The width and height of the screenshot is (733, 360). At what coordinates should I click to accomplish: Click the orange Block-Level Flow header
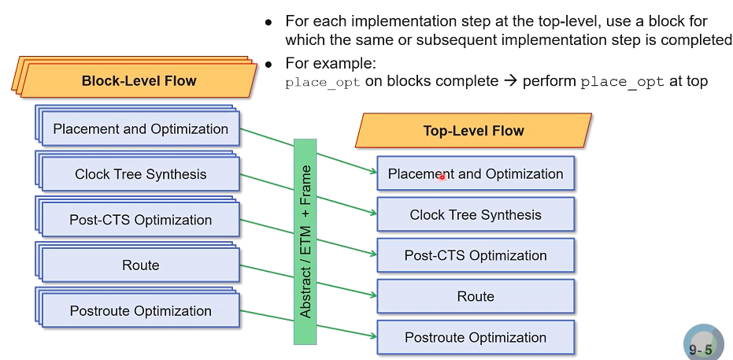click(139, 80)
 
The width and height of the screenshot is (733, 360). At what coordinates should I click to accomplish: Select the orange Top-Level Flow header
click(473, 131)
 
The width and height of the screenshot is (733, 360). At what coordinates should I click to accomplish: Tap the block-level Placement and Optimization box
click(140, 129)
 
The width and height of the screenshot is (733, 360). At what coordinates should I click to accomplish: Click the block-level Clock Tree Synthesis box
click(140, 175)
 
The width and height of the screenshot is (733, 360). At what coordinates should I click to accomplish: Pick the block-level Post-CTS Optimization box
click(140, 221)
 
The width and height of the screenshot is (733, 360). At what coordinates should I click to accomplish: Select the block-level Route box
click(140, 266)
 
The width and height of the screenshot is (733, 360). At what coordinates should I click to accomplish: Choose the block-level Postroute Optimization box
click(140, 311)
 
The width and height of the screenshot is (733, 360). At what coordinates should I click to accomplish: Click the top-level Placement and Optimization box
click(476, 174)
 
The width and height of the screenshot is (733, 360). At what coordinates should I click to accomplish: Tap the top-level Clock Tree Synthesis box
click(476, 215)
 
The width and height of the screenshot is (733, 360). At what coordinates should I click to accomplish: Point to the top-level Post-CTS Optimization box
click(476, 256)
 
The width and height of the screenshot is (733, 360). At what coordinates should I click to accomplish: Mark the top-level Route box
click(476, 297)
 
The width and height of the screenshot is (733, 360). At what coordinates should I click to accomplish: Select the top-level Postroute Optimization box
click(476, 338)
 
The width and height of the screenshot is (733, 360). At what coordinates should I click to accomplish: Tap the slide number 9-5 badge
click(702, 347)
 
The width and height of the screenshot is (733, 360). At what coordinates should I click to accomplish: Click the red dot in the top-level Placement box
click(442, 177)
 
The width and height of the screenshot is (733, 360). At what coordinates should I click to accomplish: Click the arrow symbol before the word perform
click(510, 81)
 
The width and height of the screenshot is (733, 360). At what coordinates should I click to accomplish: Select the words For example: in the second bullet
click(331, 62)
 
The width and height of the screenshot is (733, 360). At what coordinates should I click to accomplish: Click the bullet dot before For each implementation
click(269, 21)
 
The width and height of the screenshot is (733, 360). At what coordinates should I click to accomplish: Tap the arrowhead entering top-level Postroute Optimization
click(372, 336)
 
